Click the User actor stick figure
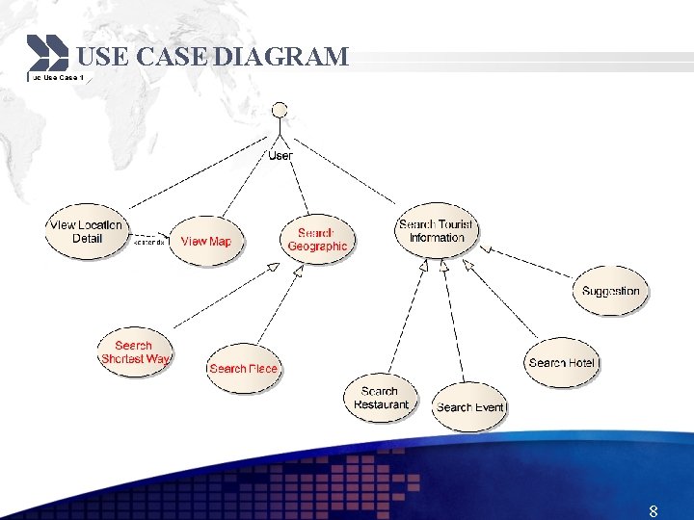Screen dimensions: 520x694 280,120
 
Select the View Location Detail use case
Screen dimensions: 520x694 86,232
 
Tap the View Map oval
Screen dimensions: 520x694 206,241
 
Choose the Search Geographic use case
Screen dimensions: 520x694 317,240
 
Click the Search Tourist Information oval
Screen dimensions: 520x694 436,231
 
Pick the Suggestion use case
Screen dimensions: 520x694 610,291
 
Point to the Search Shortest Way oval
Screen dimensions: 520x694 135,352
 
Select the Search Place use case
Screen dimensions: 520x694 243,368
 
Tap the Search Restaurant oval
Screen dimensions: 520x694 381,398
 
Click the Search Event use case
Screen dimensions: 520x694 469,407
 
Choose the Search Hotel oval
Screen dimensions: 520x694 562,363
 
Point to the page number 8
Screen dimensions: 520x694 654,510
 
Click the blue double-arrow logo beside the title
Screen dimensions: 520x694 47,53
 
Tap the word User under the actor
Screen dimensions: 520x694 280,155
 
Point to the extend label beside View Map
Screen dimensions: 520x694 149,242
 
